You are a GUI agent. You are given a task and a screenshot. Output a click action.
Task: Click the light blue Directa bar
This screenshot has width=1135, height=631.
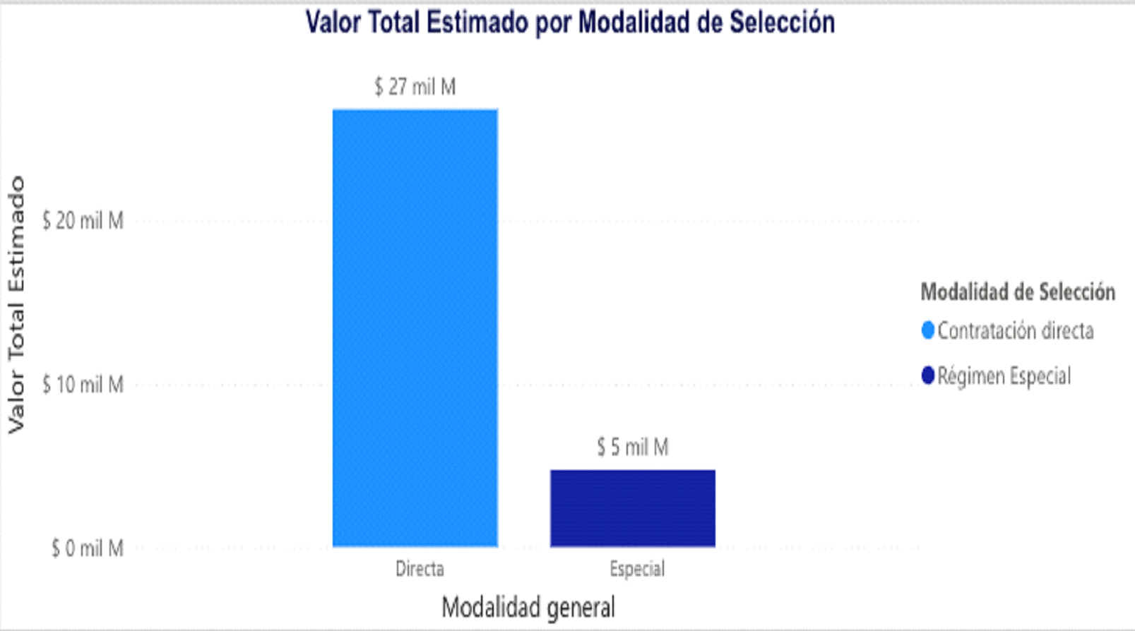click(415, 328)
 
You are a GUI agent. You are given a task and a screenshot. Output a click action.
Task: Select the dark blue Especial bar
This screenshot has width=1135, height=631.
click(633, 508)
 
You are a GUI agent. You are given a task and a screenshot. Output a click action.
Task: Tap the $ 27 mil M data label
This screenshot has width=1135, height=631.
click(415, 87)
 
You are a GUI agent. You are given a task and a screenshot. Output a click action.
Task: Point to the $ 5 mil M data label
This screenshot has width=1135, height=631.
click(633, 447)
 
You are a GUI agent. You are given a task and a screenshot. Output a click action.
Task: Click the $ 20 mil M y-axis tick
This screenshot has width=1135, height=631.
click(83, 221)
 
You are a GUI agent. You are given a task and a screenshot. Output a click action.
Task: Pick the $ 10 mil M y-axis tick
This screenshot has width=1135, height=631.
click(83, 385)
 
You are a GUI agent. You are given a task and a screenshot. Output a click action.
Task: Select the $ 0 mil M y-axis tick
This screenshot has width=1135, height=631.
click(88, 548)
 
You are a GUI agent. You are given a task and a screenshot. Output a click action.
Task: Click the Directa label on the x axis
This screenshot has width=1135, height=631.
click(420, 569)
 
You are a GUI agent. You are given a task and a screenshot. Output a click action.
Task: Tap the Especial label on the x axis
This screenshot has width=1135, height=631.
click(637, 569)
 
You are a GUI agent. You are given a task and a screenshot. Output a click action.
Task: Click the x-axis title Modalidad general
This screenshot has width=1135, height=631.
click(528, 607)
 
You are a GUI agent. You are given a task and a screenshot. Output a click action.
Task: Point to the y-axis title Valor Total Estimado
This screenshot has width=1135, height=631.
click(16, 305)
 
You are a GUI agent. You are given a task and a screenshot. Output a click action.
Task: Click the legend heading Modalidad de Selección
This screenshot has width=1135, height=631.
click(1018, 292)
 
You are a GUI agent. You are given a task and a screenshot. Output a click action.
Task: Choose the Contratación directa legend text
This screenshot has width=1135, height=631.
click(1015, 330)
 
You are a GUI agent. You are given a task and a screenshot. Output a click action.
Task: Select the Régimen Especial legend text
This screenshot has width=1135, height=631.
click(1004, 376)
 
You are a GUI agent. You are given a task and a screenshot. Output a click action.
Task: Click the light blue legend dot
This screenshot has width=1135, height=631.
click(928, 330)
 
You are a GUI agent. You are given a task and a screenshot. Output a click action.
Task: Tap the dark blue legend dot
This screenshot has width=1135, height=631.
click(928, 375)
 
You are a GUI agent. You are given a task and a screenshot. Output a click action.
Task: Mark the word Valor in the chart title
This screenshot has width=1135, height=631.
click(331, 23)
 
